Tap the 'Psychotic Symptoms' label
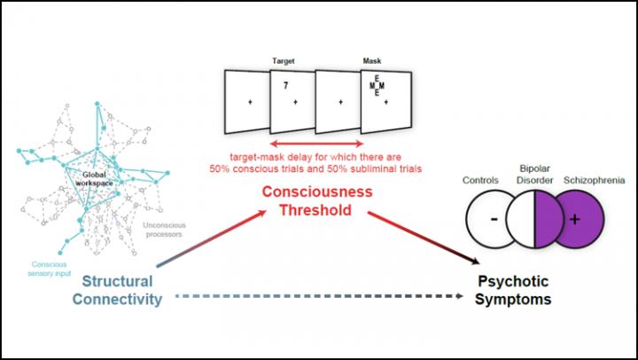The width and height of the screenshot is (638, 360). click(513, 290)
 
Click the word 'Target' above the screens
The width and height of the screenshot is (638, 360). click(284, 62)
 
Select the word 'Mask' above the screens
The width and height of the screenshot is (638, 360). click(372, 62)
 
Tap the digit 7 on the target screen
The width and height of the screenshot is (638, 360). click(285, 87)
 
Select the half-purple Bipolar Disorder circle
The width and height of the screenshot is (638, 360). click(536, 219)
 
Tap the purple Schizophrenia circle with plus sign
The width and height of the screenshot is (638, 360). click(577, 219)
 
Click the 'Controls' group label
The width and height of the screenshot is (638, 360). click(482, 180)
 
